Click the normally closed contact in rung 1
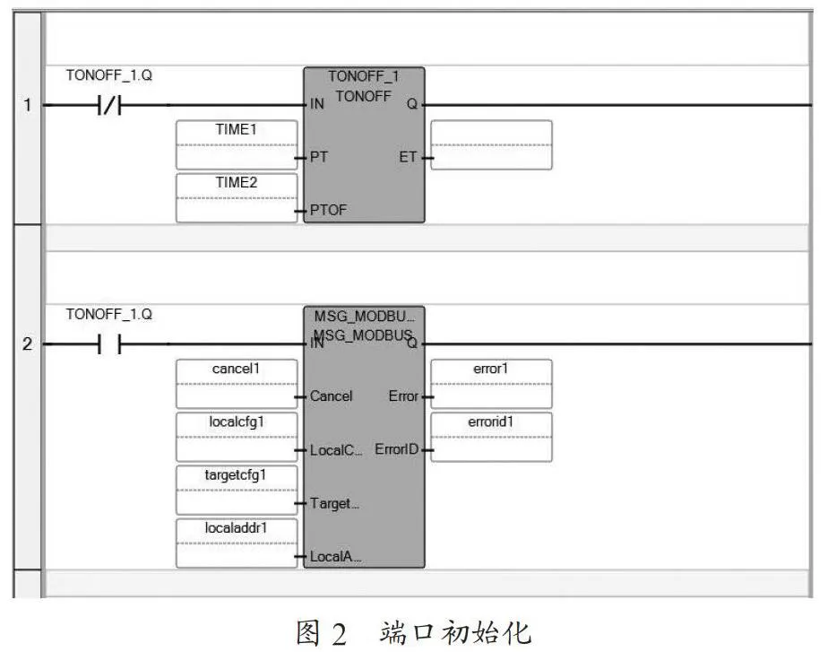pyautogui.click(x=109, y=106)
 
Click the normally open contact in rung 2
pyautogui.click(x=109, y=344)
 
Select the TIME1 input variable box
pyautogui.click(x=237, y=144)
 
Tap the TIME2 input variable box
pyautogui.click(x=237, y=197)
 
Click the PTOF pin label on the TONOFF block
pyautogui.click(x=329, y=210)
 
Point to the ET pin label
pyautogui.click(x=408, y=157)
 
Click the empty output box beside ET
pyautogui.click(x=491, y=144)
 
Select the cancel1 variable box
pyautogui.click(x=237, y=384)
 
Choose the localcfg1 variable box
pyautogui.click(x=237, y=437)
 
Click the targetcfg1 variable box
pyautogui.click(x=237, y=490)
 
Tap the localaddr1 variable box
pyautogui.click(x=237, y=543)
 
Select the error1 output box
pyautogui.click(x=491, y=384)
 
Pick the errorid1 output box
pyautogui.click(x=491, y=437)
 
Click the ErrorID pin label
pyautogui.click(x=397, y=449)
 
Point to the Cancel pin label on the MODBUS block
pyautogui.click(x=331, y=396)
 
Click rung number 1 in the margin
pyautogui.click(x=28, y=105)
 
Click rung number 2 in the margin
pyautogui.click(x=28, y=344)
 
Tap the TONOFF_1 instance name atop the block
pyautogui.click(x=363, y=76)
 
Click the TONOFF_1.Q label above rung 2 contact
pyautogui.click(x=109, y=315)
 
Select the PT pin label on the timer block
pyautogui.click(x=319, y=157)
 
